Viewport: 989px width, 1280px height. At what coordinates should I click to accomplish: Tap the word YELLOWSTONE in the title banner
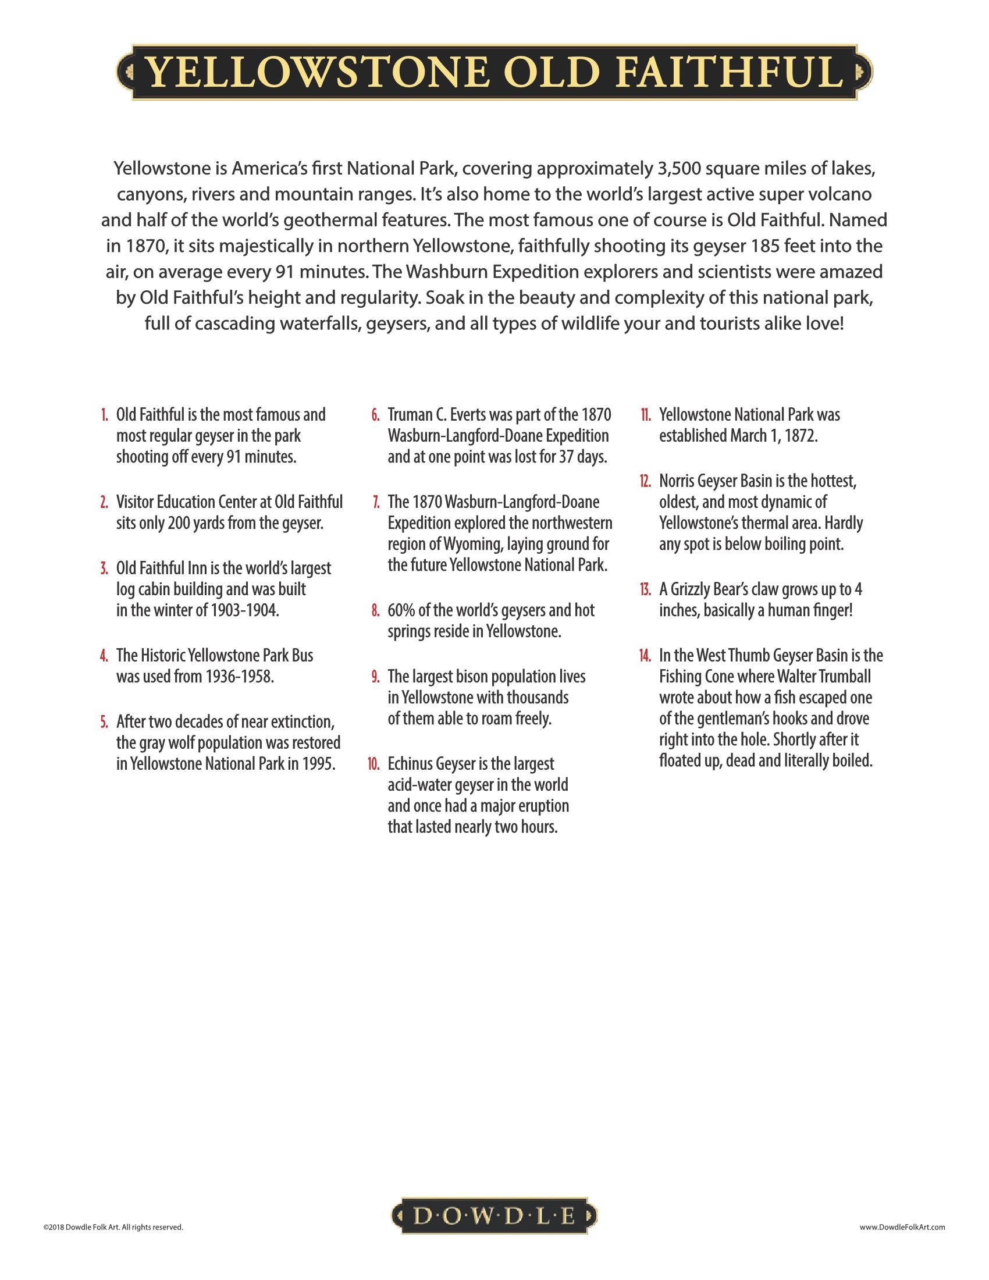point(316,73)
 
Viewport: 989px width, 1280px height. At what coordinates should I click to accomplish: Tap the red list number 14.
point(645,655)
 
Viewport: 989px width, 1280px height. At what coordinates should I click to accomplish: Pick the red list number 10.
point(374,765)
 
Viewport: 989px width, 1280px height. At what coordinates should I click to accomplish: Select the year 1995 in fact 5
point(319,765)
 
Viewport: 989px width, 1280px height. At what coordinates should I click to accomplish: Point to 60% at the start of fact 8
point(401,611)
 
